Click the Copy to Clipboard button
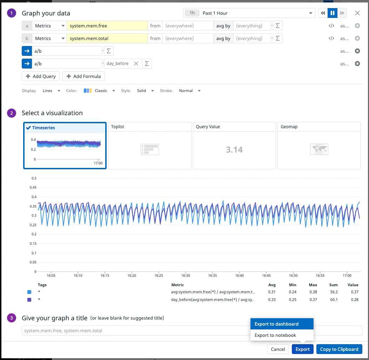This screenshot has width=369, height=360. tap(339, 349)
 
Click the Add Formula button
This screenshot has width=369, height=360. tap(83, 76)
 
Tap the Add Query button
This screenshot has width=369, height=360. tap(41, 76)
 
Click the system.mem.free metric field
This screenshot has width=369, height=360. tap(107, 26)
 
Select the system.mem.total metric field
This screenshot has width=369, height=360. tap(107, 38)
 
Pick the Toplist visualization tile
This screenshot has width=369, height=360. tap(150, 146)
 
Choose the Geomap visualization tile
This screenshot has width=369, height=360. tap(319, 146)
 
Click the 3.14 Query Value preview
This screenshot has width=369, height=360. tap(234, 150)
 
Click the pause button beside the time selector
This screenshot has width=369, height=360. tap(333, 13)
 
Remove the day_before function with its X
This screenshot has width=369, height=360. tap(136, 64)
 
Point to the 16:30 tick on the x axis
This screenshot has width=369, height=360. tap(186, 275)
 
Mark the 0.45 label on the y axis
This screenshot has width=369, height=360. tap(33, 187)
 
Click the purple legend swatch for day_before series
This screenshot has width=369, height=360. tap(29, 300)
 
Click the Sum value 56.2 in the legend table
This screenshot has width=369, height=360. tap(334, 292)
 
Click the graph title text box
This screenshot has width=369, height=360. tap(192, 330)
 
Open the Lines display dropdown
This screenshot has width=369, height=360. tap(51, 91)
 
